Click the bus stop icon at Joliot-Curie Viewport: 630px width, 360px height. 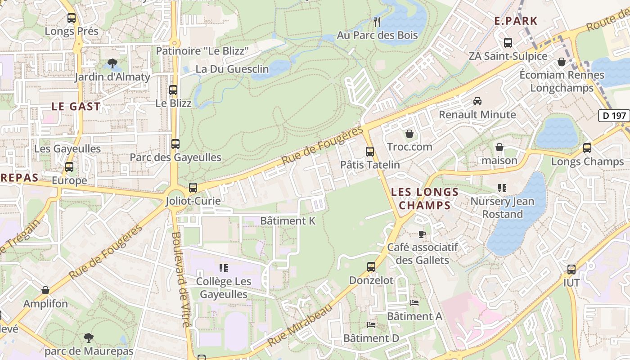pos(193,187)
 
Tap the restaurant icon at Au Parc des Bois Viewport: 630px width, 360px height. pos(377,22)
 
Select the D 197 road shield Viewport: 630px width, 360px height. pos(614,116)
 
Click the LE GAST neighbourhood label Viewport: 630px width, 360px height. pos(76,107)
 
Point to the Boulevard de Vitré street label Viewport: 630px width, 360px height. pos(182,279)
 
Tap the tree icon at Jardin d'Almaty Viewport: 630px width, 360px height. pos(112,63)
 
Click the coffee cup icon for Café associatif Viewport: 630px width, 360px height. pos(422,234)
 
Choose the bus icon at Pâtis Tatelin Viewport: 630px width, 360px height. pos(370,151)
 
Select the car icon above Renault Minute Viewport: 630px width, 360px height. pos(477,101)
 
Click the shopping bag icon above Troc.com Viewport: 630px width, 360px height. pos(409,134)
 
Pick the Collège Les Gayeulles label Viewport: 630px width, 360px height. pos(223,288)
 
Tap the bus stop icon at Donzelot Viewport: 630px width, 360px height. pos(371,267)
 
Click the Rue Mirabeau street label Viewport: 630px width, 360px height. pos(300,325)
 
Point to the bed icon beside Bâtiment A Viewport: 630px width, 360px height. pos(414,303)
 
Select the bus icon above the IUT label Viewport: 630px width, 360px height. pos(571,270)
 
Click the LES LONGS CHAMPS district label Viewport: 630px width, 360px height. pos(425,198)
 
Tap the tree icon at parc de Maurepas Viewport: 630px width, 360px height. pos(89,337)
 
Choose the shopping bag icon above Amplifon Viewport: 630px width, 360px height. pos(45,290)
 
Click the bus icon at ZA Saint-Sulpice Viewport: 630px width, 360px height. pos(508,43)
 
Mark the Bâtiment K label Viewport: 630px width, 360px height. pos(288,221)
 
